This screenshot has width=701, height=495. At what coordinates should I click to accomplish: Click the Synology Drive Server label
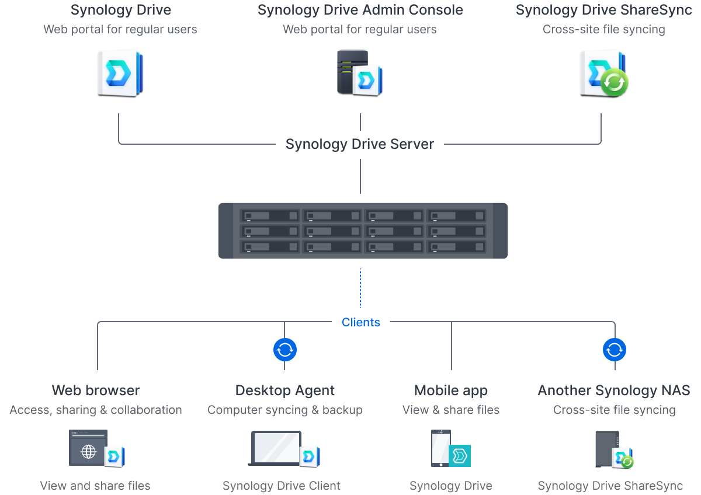click(359, 144)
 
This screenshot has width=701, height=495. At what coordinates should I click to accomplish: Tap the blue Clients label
click(360, 322)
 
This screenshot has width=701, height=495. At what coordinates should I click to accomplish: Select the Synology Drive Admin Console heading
click(360, 11)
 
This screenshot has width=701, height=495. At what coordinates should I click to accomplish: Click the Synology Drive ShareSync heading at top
click(603, 11)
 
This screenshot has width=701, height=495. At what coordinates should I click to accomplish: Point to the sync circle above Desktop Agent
click(285, 350)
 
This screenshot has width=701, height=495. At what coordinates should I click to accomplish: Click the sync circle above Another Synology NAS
click(614, 350)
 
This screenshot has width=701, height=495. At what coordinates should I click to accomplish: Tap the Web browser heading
click(96, 390)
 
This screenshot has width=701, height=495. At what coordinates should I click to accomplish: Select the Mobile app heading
click(450, 390)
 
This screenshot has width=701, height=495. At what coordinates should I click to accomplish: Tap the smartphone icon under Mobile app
click(440, 448)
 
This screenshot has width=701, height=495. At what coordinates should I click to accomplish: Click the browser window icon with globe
click(88, 448)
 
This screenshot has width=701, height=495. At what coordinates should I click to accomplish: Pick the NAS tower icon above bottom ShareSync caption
click(606, 448)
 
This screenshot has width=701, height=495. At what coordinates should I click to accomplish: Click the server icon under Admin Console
click(352, 71)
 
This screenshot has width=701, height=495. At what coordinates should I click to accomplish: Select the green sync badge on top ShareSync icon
click(615, 82)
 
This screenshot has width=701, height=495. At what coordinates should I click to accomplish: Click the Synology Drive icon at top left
click(120, 72)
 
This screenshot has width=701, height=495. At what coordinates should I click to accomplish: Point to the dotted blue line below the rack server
click(360, 288)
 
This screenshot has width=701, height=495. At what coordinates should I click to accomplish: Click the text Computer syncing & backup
click(285, 410)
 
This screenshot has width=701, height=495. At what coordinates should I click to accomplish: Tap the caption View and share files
click(95, 486)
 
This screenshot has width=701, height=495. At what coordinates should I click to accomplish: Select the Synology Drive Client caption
click(282, 486)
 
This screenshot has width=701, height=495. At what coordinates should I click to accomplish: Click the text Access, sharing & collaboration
click(96, 410)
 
